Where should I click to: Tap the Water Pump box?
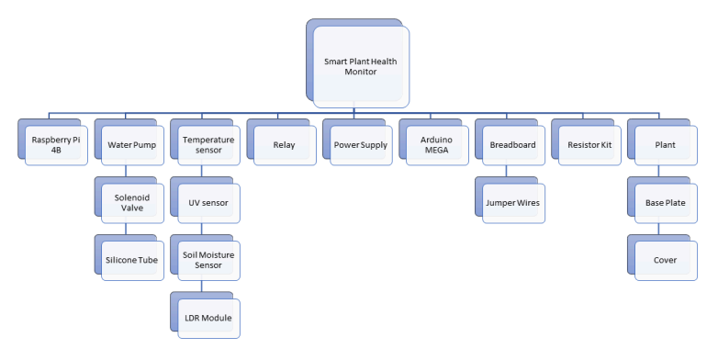(x=131, y=144)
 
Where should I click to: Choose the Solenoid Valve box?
(x=131, y=202)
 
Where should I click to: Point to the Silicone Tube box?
(x=131, y=260)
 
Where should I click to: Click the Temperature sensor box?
(x=208, y=144)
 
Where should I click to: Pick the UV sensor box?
(x=208, y=202)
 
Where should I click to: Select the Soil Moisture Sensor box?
(x=208, y=260)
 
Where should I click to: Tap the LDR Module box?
(x=208, y=318)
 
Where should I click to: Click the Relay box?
(x=284, y=144)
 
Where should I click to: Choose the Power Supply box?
(x=360, y=144)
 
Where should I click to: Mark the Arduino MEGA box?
(x=436, y=144)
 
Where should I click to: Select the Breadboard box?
(x=512, y=144)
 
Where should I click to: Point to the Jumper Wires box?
(x=512, y=202)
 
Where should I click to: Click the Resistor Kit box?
(x=589, y=144)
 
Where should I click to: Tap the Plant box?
(x=665, y=144)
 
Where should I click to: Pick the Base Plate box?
(x=665, y=202)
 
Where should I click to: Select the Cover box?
(x=665, y=260)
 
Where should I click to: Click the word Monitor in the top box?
(x=361, y=72)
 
